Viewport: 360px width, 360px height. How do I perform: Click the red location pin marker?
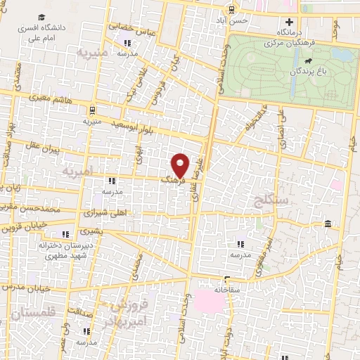tap(181, 165)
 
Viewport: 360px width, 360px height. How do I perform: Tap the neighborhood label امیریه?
tap(78, 172)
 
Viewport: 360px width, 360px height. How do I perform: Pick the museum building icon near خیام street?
tap(328, 224)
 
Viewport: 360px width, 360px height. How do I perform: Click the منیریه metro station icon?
tap(93, 109)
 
